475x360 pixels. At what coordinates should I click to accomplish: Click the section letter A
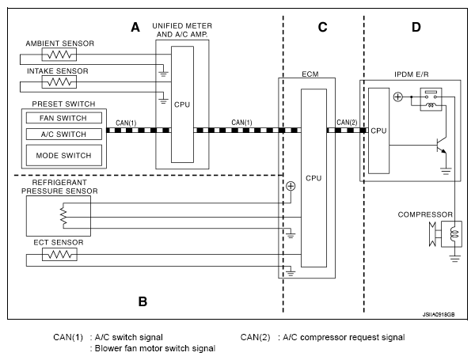(135, 27)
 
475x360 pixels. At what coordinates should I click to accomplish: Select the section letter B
(142, 301)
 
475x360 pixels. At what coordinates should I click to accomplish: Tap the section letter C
(322, 27)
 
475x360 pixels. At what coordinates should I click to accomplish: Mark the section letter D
(416, 27)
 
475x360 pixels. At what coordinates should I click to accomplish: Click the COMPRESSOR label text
(425, 214)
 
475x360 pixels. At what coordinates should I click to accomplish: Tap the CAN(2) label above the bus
(347, 123)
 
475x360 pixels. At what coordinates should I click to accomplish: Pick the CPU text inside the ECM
(313, 178)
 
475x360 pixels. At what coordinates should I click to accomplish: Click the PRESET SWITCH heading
(64, 103)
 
